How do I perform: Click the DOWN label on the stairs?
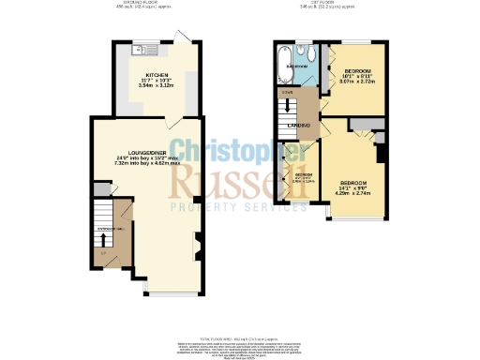[287, 92]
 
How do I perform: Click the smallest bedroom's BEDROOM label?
[302, 174]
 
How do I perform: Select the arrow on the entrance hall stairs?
[102, 242]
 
